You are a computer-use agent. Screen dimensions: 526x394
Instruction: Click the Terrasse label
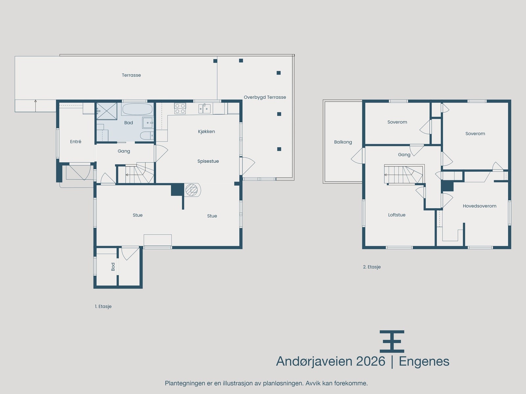131,75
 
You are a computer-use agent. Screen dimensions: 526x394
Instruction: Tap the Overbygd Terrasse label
265,98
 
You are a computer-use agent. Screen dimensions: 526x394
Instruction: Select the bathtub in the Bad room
137,109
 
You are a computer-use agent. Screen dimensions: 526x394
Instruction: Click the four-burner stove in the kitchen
180,108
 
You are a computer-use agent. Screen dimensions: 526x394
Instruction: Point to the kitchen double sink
204,109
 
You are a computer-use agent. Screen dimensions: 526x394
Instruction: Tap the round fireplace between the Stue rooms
192,190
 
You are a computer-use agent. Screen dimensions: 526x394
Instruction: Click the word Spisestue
208,161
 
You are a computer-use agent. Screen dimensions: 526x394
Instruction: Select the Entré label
76,142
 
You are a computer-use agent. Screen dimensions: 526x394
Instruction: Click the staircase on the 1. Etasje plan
136,173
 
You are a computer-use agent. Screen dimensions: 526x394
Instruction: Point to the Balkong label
343,142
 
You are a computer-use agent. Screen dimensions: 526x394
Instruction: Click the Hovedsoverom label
480,206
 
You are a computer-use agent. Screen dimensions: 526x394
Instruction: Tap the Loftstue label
397,215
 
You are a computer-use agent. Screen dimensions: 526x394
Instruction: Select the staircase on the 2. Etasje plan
404,174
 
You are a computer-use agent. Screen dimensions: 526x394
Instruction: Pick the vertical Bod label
113,267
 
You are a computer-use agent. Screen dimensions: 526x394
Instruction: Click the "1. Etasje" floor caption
103,306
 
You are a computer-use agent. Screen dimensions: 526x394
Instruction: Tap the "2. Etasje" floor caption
372,267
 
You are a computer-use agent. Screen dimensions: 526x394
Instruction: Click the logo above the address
392,341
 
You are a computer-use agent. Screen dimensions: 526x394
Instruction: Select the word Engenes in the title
424,362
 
